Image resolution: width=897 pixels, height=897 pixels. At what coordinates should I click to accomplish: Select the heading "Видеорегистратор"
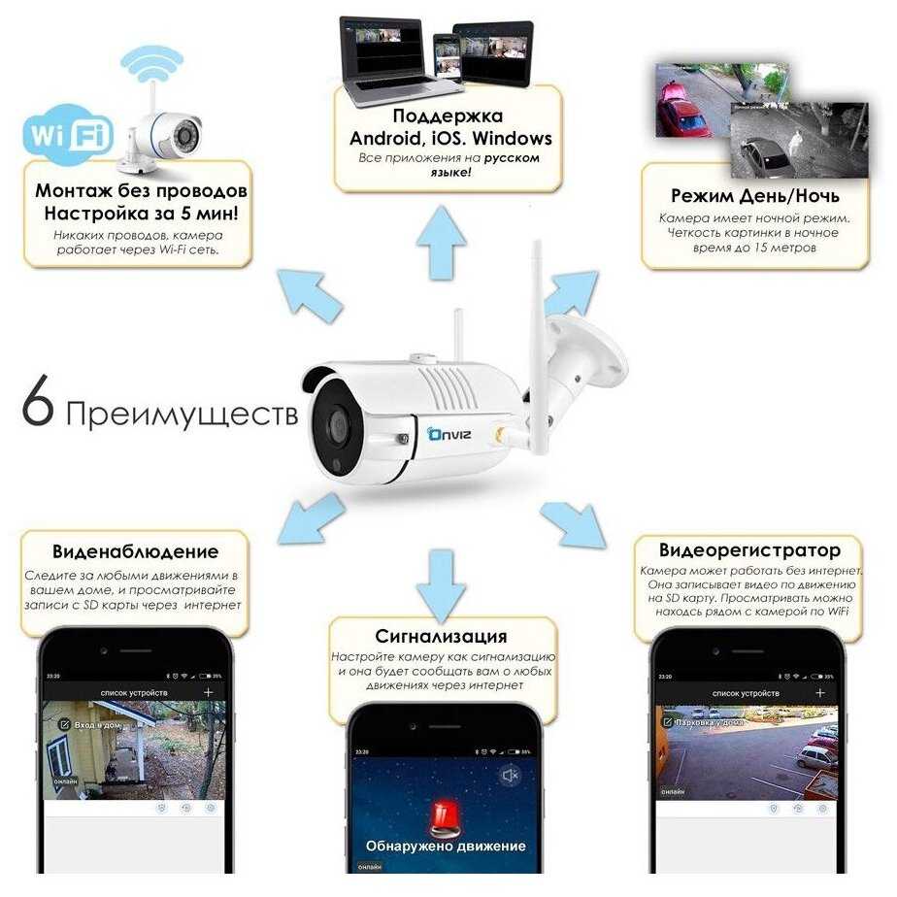(x=749, y=550)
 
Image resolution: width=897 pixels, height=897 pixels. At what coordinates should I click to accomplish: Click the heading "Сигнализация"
(x=443, y=637)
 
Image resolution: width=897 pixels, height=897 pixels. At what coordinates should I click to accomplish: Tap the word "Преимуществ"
(x=182, y=415)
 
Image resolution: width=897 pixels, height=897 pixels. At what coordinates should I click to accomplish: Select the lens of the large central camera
(x=340, y=422)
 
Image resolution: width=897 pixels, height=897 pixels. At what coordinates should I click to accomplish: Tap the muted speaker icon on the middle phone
(x=510, y=774)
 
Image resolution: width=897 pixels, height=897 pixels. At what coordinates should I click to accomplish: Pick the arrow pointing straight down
(x=435, y=581)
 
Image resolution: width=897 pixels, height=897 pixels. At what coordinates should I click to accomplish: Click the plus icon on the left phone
(x=208, y=692)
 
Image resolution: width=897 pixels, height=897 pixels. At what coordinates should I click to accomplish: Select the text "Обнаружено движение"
(x=446, y=846)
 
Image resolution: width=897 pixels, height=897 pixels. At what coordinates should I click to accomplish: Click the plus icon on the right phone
(x=820, y=692)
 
